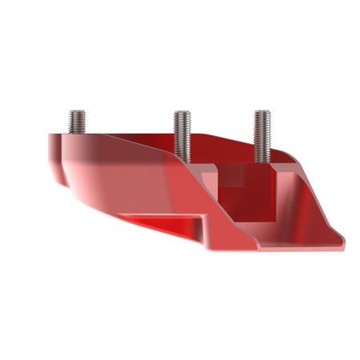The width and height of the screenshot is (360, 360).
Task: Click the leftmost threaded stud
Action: [78, 122]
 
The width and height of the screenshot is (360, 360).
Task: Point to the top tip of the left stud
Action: [78, 111]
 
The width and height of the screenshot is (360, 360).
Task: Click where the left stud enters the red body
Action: [78, 134]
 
